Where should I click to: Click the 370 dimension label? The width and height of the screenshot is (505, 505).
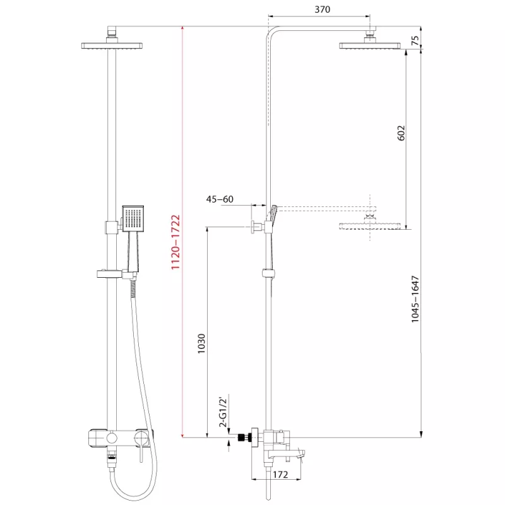click(322, 9)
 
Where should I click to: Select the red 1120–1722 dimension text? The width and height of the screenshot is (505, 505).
click(175, 242)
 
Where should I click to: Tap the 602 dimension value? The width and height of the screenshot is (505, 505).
click(401, 133)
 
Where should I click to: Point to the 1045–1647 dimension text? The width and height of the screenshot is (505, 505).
click(415, 299)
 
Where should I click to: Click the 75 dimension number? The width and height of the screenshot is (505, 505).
click(415, 40)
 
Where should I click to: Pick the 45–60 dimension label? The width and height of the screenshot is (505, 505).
click(220, 199)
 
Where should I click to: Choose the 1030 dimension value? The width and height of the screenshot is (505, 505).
click(201, 343)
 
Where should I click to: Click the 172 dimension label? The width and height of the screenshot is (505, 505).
click(280, 475)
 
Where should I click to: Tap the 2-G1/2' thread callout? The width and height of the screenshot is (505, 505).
click(223, 412)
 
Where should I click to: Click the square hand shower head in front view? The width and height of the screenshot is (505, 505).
click(133, 218)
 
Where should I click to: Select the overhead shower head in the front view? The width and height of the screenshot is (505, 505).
click(112, 45)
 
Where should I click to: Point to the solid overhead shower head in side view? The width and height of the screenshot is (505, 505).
click(370, 45)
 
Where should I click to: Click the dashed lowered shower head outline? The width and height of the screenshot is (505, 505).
click(370, 225)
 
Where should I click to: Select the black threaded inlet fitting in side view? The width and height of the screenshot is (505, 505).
click(244, 437)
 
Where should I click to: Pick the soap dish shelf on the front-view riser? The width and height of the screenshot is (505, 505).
click(109, 274)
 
